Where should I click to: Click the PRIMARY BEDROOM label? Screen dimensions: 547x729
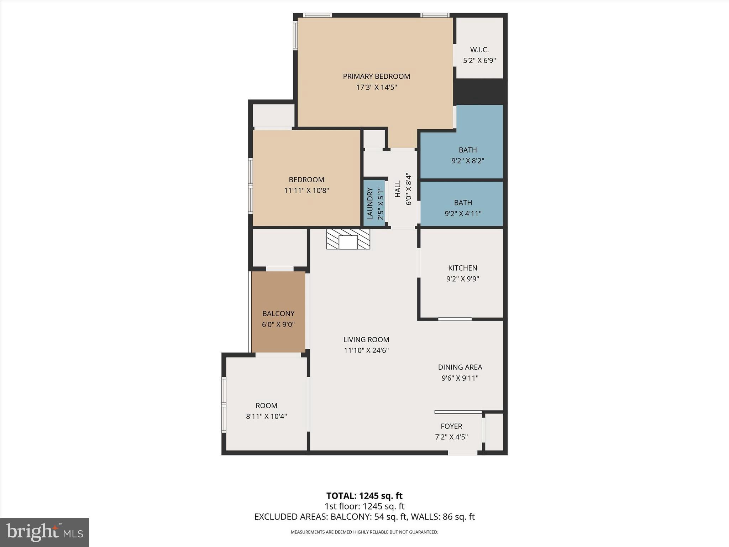pos(376,76)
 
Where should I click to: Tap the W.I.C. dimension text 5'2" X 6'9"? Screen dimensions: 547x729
pos(479,61)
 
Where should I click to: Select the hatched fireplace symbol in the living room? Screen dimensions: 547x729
pos(348,239)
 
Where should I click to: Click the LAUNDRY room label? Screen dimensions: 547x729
pos(369,203)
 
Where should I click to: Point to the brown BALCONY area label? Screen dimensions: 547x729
pos(278,314)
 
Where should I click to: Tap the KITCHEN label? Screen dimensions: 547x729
pos(462,268)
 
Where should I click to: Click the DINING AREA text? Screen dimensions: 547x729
pos(460,367)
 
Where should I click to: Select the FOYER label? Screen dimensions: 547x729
pos(451,426)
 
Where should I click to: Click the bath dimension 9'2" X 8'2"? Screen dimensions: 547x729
pos(467,161)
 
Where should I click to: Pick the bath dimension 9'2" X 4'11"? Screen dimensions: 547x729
pos(463,214)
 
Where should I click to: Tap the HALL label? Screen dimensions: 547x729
pos(398,189)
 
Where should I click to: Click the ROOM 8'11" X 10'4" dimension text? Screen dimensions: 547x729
pos(266,416)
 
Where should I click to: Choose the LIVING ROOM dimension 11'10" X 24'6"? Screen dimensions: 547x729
pos(366,350)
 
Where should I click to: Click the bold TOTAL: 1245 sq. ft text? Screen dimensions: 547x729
pos(364,496)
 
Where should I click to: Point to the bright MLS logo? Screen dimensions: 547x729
pos(44,532)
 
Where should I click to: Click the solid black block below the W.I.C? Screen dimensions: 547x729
pos(479,92)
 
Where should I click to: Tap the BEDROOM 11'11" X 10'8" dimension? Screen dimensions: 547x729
pos(306,191)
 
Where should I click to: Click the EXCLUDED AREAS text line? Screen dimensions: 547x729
pos(364,517)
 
